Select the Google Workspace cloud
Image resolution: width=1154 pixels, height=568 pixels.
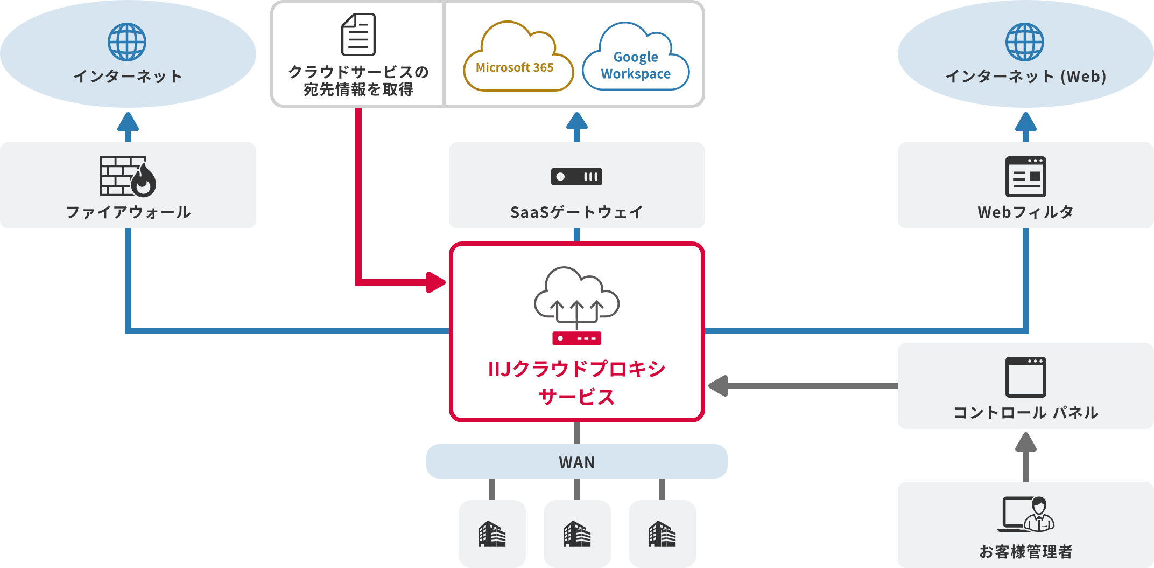[x=636, y=59]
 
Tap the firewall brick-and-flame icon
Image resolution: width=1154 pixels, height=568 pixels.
[x=128, y=176]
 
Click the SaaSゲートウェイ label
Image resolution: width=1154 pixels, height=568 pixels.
[x=576, y=212]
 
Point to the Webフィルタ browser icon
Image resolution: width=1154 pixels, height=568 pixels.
[x=1025, y=176]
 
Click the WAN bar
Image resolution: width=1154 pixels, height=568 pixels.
[x=576, y=461]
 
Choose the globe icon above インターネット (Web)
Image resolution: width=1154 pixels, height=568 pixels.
[x=1024, y=42]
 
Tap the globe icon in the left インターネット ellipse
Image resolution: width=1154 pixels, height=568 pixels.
[x=127, y=42]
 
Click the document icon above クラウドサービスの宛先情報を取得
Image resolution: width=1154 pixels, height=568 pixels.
[x=358, y=34]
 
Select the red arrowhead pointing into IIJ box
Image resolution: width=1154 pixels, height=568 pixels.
[x=435, y=282]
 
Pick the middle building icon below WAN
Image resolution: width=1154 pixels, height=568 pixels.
[x=577, y=534]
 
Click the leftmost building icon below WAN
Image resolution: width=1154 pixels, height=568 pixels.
[x=492, y=534]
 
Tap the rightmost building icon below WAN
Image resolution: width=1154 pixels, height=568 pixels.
[x=662, y=534]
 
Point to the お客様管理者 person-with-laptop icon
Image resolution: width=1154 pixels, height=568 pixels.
[x=1026, y=514]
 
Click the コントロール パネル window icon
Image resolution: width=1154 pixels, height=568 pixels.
[x=1025, y=377]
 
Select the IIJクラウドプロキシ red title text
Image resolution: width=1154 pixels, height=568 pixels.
[x=576, y=370]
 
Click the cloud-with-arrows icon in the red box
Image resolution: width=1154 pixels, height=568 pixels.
[x=576, y=299]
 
